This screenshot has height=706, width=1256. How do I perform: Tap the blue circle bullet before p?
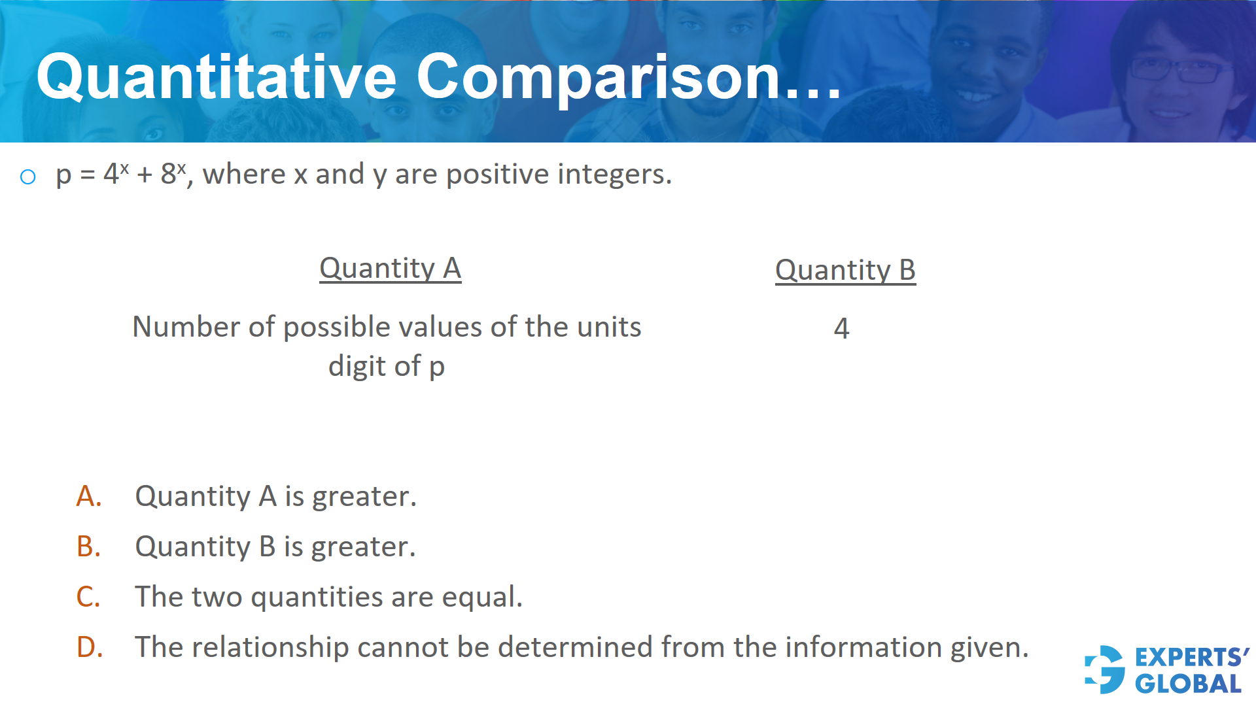(x=27, y=176)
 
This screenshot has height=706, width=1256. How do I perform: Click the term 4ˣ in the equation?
(x=116, y=174)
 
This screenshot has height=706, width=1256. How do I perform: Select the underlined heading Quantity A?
(x=390, y=269)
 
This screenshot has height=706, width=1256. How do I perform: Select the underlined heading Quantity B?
(x=845, y=271)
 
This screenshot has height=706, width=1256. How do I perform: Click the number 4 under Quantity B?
(x=841, y=328)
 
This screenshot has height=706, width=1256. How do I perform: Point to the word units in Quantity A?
(x=608, y=327)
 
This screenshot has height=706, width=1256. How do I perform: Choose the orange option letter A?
(x=89, y=497)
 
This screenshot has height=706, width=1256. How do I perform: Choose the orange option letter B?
(x=89, y=547)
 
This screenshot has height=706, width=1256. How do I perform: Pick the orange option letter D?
(x=90, y=648)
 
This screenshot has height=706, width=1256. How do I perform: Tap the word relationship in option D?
(x=270, y=648)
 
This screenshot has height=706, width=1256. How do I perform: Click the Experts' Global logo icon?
(x=1105, y=669)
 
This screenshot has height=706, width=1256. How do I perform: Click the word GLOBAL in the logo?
(x=1188, y=684)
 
